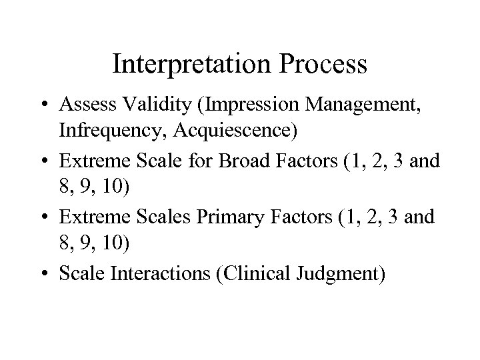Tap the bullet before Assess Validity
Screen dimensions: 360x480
tap(44, 105)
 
